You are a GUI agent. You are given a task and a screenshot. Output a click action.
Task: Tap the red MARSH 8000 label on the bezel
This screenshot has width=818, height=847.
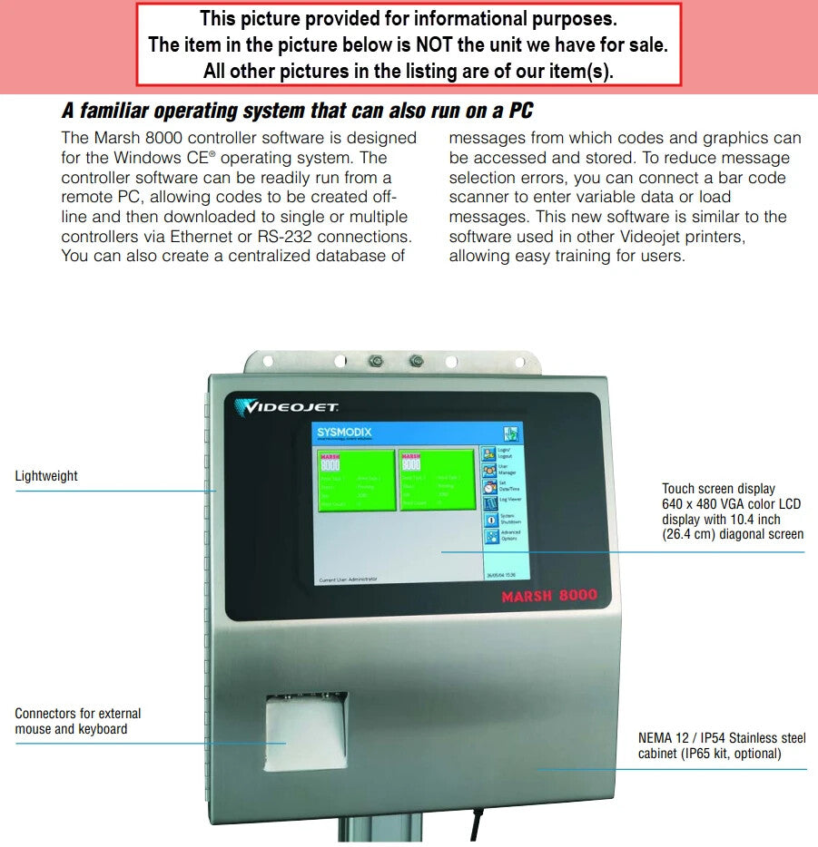click(x=549, y=596)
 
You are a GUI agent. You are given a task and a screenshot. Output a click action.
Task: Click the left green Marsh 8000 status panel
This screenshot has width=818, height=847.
click(x=355, y=479)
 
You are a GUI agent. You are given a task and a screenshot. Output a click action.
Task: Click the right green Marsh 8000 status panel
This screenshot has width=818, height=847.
click(x=436, y=479)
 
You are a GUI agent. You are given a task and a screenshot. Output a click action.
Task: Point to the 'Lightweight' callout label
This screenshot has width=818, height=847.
click(x=46, y=476)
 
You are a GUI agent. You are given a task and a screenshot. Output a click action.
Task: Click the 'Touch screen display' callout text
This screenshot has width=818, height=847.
click(x=718, y=489)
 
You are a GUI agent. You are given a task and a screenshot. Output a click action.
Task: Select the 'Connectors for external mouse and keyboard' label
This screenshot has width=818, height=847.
click(x=77, y=721)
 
